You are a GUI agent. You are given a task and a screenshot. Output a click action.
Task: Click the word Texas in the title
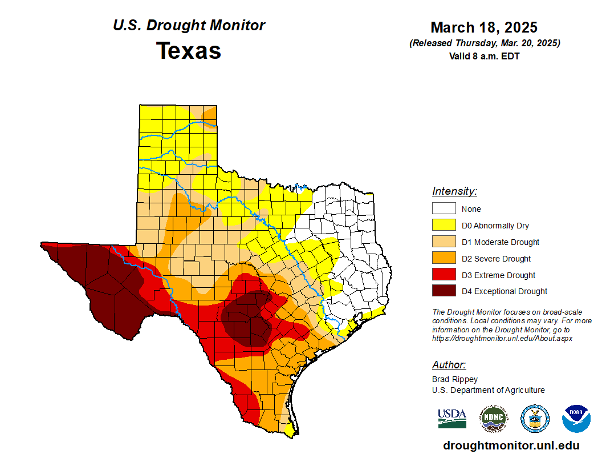pos(189,51)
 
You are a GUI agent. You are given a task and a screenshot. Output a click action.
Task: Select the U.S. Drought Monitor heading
pos(189,25)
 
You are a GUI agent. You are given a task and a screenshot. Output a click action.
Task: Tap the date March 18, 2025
pos(484,27)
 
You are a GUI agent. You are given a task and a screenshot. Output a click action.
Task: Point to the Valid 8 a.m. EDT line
pos(484,56)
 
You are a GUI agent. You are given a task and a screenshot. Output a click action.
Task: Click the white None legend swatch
pos(444,209)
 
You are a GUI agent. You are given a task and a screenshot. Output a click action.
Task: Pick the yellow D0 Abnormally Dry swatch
pos(444,226)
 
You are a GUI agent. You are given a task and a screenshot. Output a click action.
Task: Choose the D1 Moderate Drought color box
pos(444,242)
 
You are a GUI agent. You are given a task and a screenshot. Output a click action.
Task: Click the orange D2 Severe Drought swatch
pos(444,259)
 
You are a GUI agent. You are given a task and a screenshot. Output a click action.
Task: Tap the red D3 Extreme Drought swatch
pos(444,275)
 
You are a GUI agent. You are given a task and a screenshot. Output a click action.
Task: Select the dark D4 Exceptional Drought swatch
pos(444,291)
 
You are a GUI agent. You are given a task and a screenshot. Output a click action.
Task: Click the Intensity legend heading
pos(454,191)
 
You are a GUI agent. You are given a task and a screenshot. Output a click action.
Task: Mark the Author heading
pos(449,365)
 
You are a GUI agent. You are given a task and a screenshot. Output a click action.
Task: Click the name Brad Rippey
pos(455,379)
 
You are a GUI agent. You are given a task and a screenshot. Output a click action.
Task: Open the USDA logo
pos(452,419)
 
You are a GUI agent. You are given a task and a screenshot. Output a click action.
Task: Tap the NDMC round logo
pos(493,419)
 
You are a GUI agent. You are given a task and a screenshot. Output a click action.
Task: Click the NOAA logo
pos(576,419)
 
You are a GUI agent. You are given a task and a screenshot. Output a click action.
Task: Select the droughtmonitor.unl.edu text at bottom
pos(511,446)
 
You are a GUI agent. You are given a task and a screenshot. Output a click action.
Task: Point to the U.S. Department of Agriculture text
pos(488,390)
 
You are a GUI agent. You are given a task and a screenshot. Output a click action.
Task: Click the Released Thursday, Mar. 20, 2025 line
pos(484,43)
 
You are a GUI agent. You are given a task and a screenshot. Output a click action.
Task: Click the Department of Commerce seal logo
pos(535,419)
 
